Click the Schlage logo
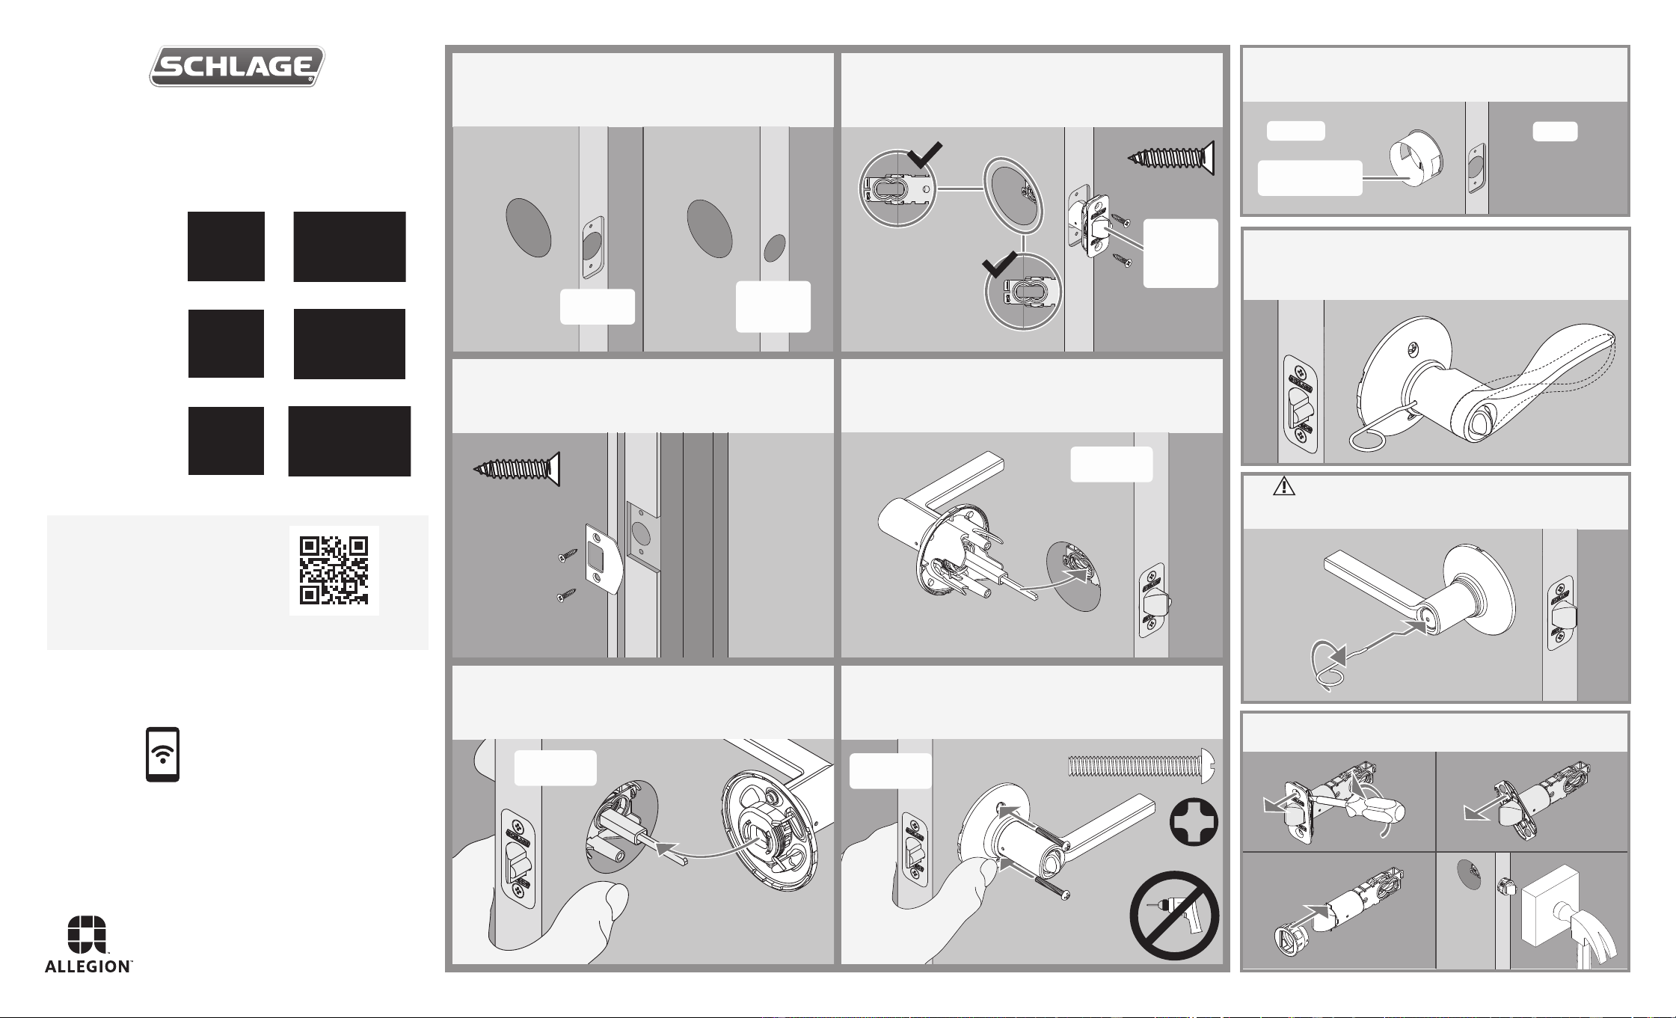[x=237, y=67]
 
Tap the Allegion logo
[x=88, y=944]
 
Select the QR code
[x=334, y=571]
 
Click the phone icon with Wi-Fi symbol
[x=162, y=754]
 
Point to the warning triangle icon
[x=1284, y=486]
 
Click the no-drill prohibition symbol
[x=1174, y=916]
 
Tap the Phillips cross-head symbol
[x=1194, y=822]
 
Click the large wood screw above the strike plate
[x=517, y=469]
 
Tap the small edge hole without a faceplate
[x=774, y=248]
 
